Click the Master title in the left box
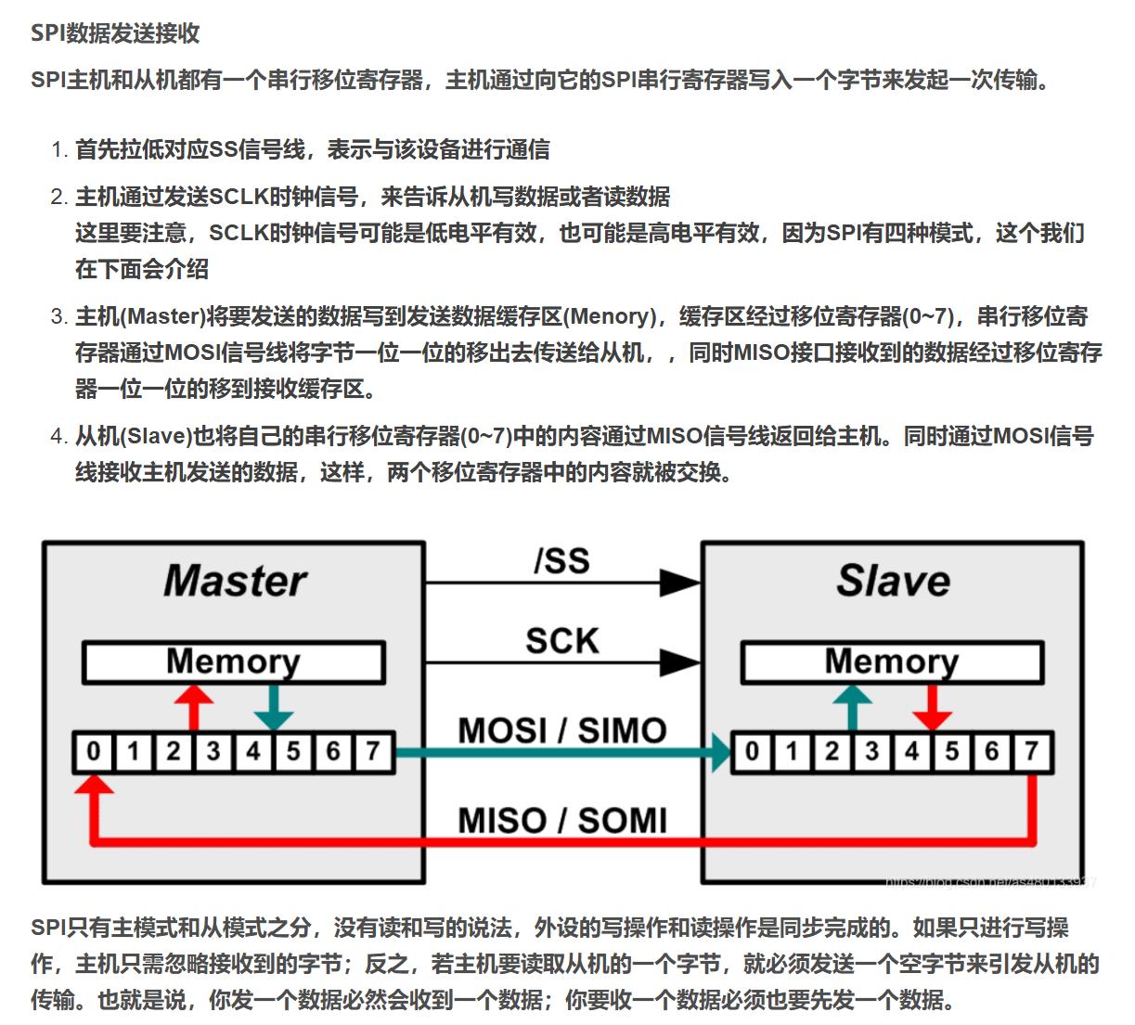click(235, 581)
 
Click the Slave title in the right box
click(893, 581)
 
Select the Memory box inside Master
click(234, 662)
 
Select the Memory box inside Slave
click(892, 662)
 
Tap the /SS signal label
click(562, 561)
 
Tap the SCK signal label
click(562, 641)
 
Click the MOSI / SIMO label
click(562, 731)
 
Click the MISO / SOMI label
click(562, 820)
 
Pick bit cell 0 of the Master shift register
click(94, 751)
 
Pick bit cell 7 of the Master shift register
click(373, 751)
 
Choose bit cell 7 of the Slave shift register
click(1032, 751)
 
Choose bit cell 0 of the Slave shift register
click(753, 751)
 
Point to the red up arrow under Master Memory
click(194, 707)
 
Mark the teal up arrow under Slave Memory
click(853, 707)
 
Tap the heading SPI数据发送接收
click(116, 33)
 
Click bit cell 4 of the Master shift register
click(253, 751)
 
